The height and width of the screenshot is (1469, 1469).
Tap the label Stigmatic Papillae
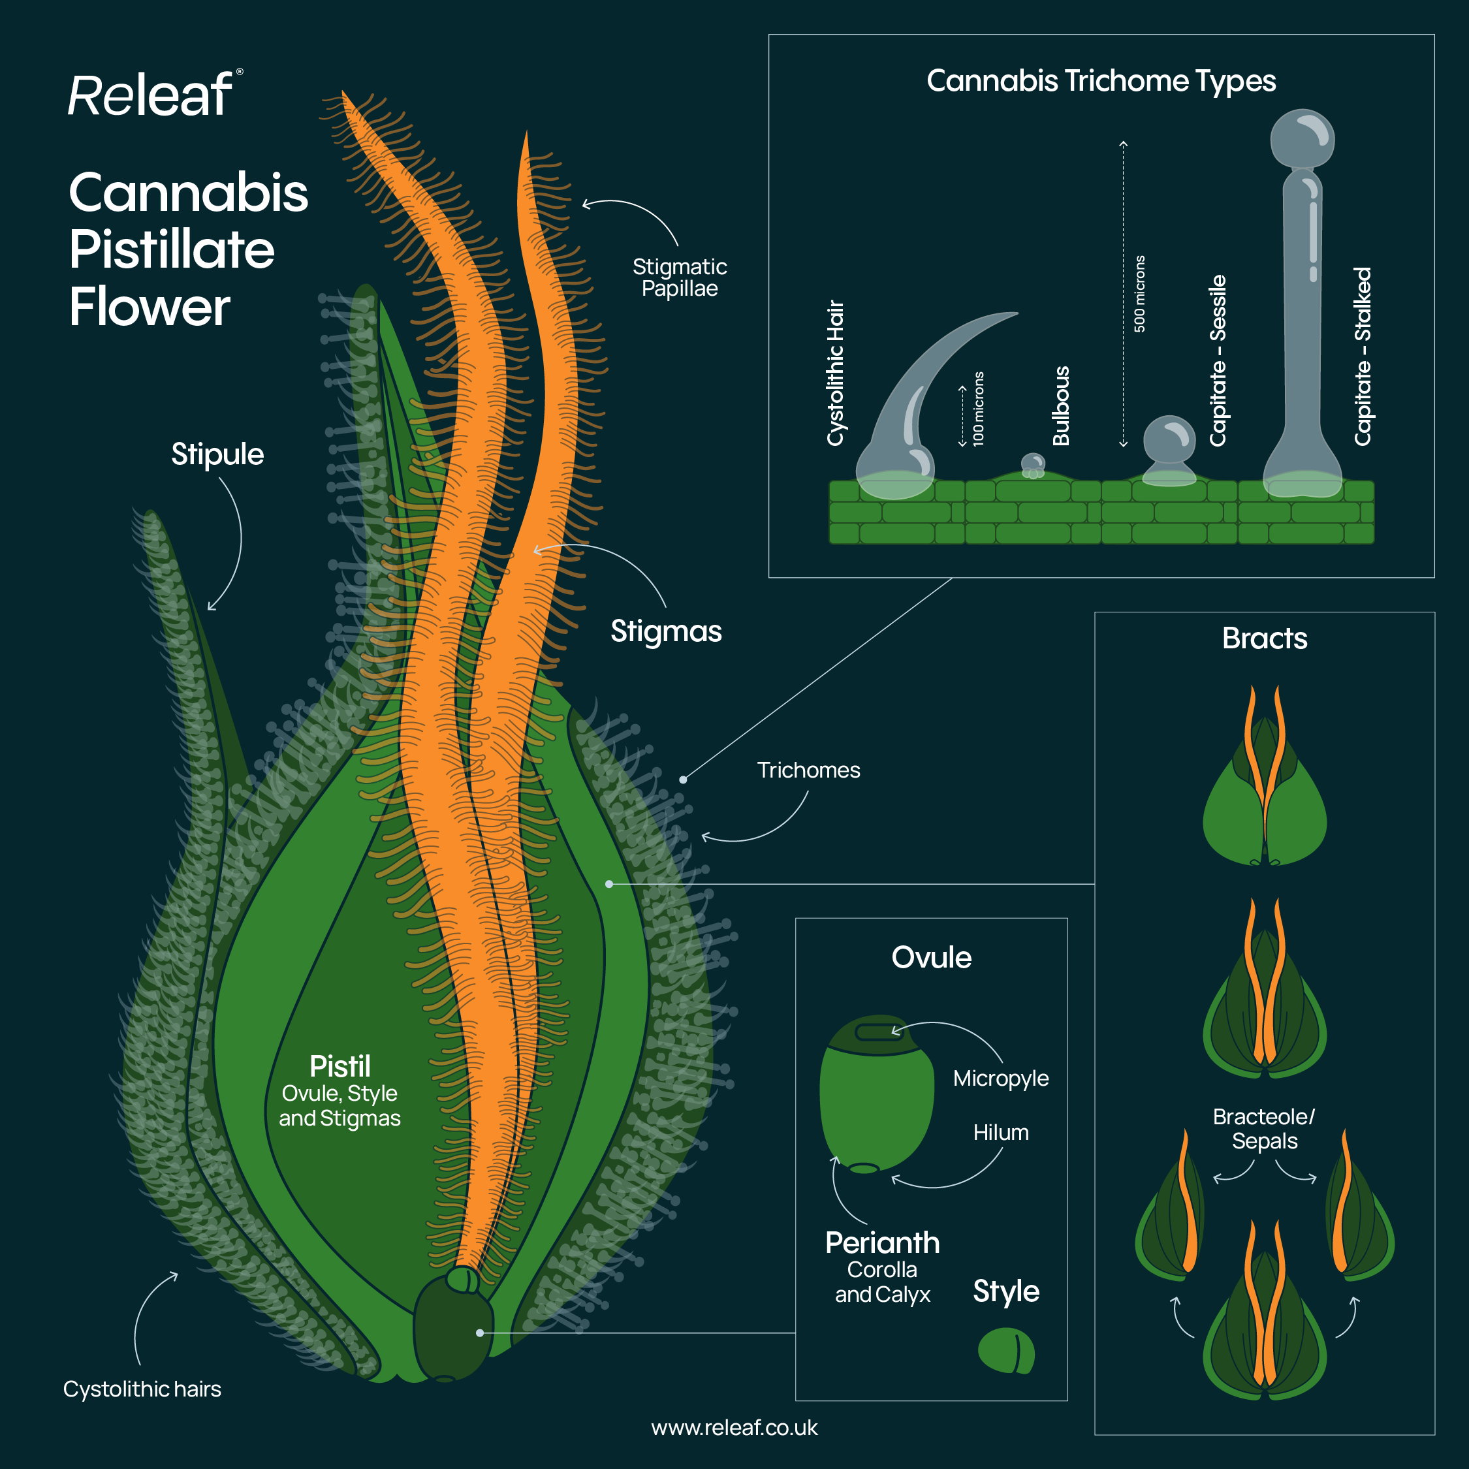point(679,277)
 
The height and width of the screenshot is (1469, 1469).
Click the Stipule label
point(217,454)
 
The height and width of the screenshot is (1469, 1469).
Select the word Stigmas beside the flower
point(666,631)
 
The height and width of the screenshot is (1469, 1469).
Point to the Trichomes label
point(808,770)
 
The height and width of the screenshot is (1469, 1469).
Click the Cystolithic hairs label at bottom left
point(142,1389)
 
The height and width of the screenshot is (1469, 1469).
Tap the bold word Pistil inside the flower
point(340,1066)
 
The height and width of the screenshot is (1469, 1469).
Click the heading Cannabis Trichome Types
point(1100,80)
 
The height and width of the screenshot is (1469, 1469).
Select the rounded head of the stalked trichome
point(1302,138)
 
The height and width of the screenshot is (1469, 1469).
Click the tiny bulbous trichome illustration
point(1033,464)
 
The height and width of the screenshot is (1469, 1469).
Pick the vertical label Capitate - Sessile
point(1218,360)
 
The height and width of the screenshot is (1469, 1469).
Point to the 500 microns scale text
point(1139,294)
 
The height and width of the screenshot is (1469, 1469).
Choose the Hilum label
point(1001,1133)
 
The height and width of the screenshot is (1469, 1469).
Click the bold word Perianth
point(882,1242)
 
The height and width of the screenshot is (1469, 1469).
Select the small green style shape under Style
point(1006,1350)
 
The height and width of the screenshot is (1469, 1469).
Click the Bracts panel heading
point(1265,639)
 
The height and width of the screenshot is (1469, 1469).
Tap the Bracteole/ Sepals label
point(1264,1129)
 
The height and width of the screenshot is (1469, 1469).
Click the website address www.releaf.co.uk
point(734,1428)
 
